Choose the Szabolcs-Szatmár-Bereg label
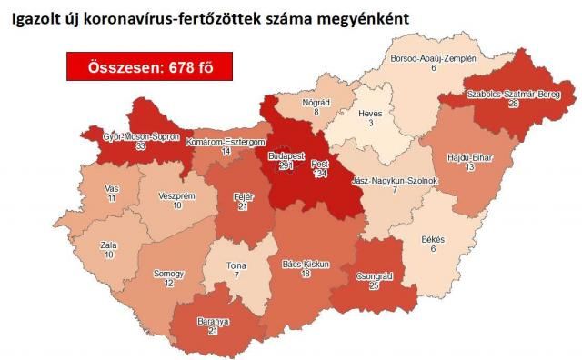click(508, 94)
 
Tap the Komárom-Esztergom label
click(224, 143)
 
